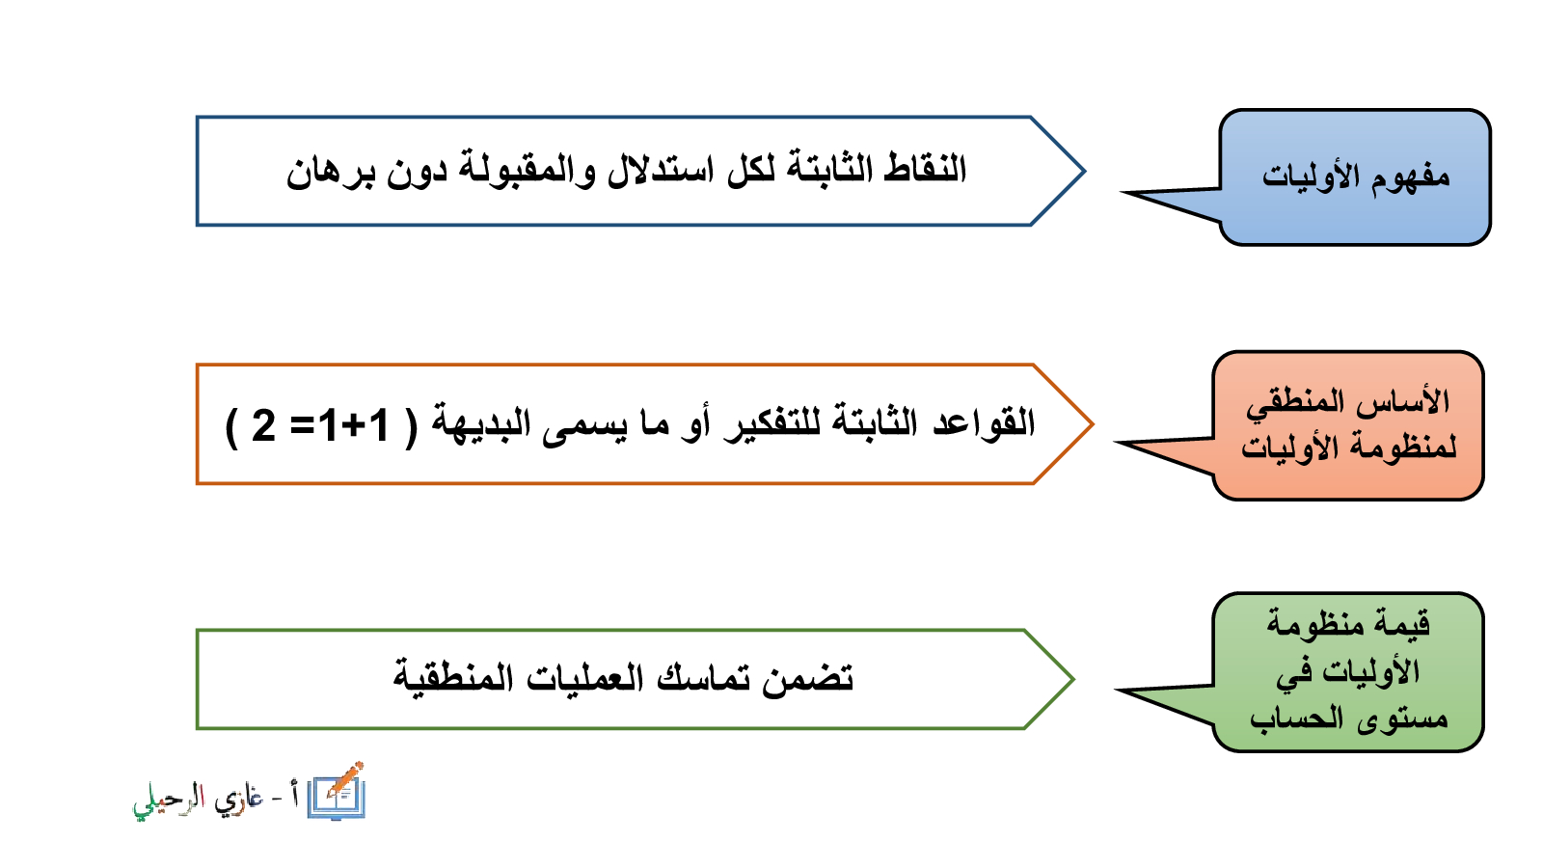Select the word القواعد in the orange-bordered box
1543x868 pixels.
pos(984,422)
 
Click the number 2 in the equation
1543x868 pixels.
pos(263,425)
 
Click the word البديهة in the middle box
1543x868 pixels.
pos(481,423)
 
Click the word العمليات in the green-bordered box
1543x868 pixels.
pos(584,678)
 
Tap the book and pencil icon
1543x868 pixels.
pos(337,792)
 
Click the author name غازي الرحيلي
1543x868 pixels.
pos(198,801)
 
